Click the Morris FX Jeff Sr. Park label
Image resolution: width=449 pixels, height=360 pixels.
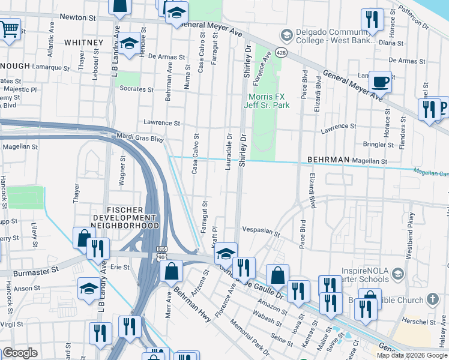(x=267, y=101)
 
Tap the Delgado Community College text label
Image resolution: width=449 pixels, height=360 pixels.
(x=334, y=37)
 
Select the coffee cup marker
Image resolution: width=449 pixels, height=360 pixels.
(x=380, y=81)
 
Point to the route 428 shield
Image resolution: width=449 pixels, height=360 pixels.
(x=280, y=53)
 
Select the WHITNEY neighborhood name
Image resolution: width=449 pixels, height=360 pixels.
(x=83, y=43)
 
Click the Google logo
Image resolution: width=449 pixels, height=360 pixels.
(x=20, y=353)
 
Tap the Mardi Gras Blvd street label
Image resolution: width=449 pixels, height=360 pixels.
(x=140, y=138)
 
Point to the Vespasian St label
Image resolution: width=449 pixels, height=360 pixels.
(x=261, y=230)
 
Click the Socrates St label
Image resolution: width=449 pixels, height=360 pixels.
(x=136, y=89)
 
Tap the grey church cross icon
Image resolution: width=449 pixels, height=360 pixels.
(x=433, y=299)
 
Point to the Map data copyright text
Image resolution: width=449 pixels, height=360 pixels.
(x=412, y=355)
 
